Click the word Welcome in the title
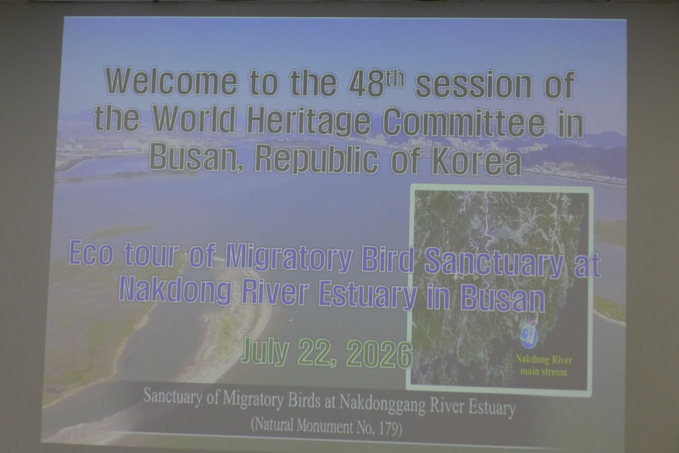pyautogui.click(x=171, y=81)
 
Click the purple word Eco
pyautogui.click(x=91, y=252)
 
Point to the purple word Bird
pyautogui.click(x=388, y=259)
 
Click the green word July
pyautogui.click(x=265, y=351)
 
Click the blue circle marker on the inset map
pyautogui.click(x=529, y=336)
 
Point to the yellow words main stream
pyautogui.click(x=544, y=372)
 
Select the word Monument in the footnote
pyautogui.click(x=325, y=426)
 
